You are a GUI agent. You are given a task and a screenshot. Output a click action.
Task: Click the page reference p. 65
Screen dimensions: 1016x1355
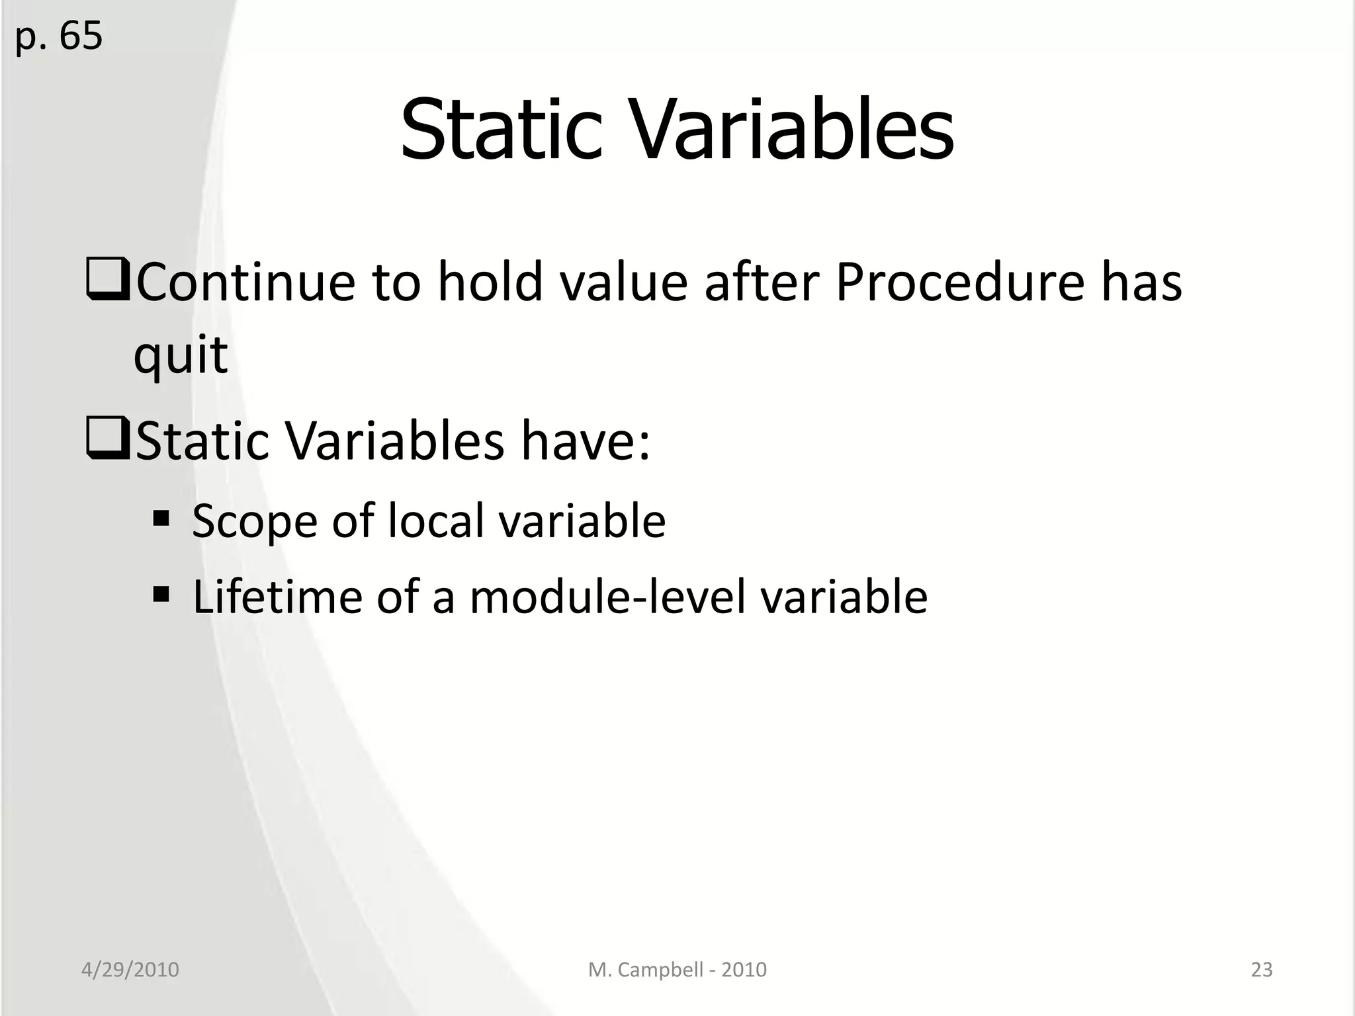coord(59,36)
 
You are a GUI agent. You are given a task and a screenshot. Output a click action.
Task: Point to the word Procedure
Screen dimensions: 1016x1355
coord(959,282)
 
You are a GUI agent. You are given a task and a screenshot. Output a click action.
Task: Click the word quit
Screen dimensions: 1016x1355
coord(181,356)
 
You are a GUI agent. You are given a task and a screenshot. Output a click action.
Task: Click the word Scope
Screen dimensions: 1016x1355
coord(255,521)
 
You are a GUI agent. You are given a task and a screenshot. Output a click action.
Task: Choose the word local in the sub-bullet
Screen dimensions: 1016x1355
coord(436,520)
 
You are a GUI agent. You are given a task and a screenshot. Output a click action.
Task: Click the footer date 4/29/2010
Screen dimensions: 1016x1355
coord(130,970)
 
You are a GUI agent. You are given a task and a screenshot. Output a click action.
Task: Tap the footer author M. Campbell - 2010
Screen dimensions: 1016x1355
coord(677,970)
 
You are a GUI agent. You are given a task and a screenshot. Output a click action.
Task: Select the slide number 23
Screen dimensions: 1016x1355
coord(1261,970)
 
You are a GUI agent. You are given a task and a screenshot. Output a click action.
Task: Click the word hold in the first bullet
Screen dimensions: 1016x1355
coord(490,282)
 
